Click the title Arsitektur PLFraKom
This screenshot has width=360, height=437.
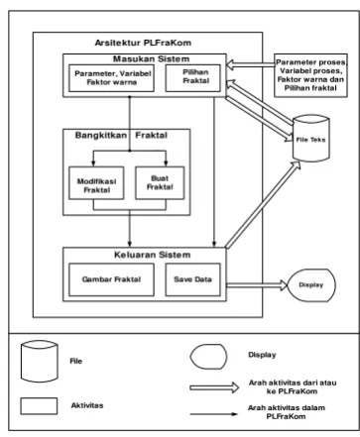click(x=143, y=43)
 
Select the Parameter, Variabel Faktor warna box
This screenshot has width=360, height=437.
click(x=111, y=78)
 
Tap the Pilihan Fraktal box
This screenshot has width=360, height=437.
click(x=193, y=78)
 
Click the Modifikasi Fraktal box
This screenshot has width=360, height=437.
click(x=96, y=183)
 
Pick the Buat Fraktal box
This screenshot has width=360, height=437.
click(x=160, y=183)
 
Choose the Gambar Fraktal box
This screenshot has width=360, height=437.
click(x=111, y=279)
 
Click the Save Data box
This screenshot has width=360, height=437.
click(x=193, y=279)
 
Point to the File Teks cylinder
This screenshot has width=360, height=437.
click(x=311, y=139)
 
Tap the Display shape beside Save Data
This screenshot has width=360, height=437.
click(x=311, y=285)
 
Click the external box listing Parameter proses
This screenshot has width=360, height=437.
click(x=310, y=75)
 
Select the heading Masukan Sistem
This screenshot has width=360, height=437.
click(x=152, y=59)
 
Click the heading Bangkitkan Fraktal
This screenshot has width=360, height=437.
click(x=121, y=135)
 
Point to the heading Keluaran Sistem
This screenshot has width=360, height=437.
click(x=153, y=255)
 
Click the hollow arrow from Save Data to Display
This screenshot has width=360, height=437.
click(x=257, y=285)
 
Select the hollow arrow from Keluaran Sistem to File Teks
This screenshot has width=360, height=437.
click(x=263, y=204)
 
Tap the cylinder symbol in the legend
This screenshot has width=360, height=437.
click(x=40, y=361)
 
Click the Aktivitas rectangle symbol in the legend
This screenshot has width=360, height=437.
click(x=39, y=406)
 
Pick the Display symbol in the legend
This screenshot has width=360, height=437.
click(x=208, y=357)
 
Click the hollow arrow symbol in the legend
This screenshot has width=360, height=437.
click(x=214, y=387)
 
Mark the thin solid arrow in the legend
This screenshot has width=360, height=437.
click(x=213, y=414)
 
